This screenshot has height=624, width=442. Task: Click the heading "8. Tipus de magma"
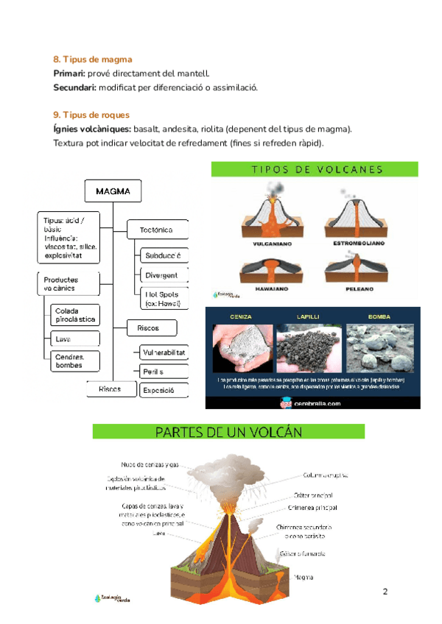point(93,59)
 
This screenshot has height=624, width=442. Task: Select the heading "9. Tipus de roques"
point(91,115)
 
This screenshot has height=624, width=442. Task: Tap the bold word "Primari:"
point(69,73)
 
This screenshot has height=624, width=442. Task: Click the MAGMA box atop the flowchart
point(113,192)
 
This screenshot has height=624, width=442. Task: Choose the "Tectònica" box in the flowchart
point(156,230)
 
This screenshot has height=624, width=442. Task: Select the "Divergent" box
point(162,275)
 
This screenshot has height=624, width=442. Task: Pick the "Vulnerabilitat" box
point(163,352)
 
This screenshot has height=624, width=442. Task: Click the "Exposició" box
point(158,390)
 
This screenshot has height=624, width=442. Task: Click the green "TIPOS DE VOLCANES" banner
point(315,169)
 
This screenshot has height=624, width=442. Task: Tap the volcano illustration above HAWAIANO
point(264,269)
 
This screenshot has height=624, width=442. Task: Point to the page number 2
point(385,592)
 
